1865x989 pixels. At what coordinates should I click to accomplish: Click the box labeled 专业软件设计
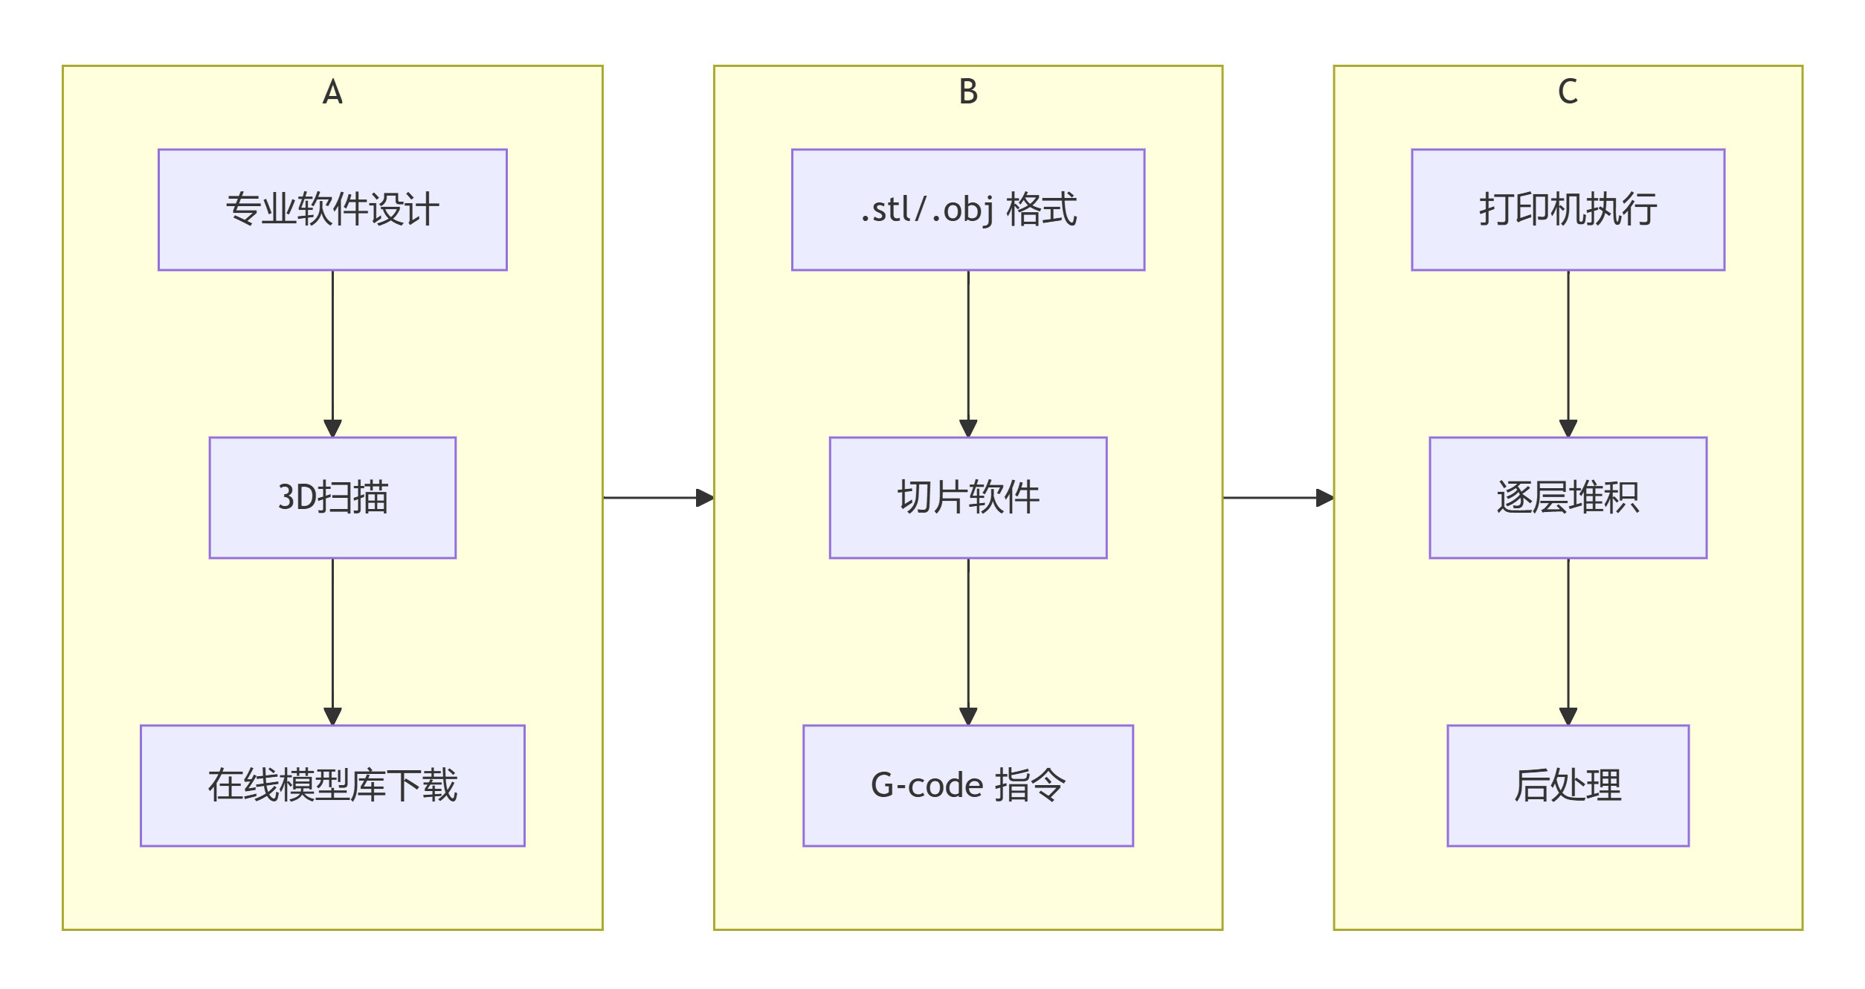332,210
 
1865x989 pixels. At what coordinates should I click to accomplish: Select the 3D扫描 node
332,498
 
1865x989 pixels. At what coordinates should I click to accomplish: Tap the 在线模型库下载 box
332,786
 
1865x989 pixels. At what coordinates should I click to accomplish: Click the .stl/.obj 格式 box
968,210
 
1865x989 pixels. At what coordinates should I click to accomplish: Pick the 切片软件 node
968,498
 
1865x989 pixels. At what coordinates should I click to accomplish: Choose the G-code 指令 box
968,786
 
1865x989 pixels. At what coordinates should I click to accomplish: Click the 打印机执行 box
1568,210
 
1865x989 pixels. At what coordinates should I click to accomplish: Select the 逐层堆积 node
1568,498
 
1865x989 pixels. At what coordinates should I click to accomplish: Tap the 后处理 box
1568,786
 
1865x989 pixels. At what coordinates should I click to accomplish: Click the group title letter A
332,92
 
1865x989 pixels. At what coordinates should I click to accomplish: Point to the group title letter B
968,92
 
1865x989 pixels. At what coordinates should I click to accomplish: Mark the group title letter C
1568,92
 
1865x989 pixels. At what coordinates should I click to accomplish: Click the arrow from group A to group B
658,498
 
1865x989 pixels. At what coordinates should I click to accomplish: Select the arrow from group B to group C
1278,498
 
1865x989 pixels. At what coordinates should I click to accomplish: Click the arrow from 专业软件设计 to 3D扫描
332,353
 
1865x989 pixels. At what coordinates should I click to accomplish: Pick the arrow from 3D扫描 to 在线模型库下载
332,641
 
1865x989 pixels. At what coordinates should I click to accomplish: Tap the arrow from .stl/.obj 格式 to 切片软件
968,353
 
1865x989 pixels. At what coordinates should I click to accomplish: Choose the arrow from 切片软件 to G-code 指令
968,641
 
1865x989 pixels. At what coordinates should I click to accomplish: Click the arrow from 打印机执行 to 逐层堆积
1568,353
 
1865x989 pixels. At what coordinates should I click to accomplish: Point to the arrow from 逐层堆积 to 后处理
1568,641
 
